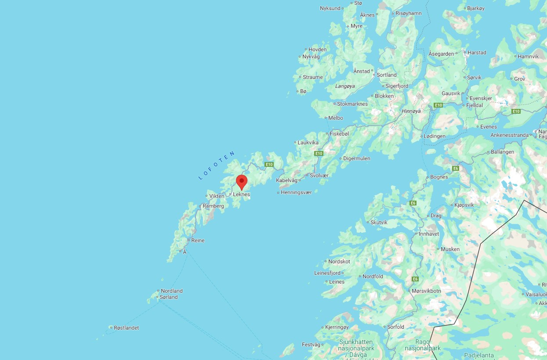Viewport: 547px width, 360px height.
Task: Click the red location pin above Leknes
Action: click(x=242, y=181)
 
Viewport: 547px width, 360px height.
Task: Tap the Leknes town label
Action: click(x=241, y=194)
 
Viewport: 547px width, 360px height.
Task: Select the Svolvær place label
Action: click(x=319, y=175)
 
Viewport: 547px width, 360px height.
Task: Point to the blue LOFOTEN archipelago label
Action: click(x=217, y=166)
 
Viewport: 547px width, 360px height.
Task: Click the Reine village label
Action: click(x=198, y=241)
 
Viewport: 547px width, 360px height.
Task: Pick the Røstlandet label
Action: click(x=126, y=328)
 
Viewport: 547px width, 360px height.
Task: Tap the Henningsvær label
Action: click(x=296, y=192)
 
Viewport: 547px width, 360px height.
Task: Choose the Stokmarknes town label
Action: click(x=352, y=104)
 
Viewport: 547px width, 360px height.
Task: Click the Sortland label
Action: click(x=387, y=75)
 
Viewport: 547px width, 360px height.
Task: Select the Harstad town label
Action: click(x=477, y=53)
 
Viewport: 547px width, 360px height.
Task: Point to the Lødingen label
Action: click(x=435, y=136)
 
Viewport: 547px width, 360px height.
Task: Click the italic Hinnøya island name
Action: click(x=411, y=111)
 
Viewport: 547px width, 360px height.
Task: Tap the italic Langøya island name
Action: click(x=345, y=86)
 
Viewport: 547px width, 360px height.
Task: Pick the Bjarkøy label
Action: click(x=476, y=8)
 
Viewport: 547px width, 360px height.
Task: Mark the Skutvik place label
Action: click(x=379, y=223)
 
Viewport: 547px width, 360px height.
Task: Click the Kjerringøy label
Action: click(x=337, y=327)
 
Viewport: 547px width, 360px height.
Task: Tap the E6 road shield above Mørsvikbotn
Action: click(x=415, y=279)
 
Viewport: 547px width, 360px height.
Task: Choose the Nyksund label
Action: click(x=330, y=8)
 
